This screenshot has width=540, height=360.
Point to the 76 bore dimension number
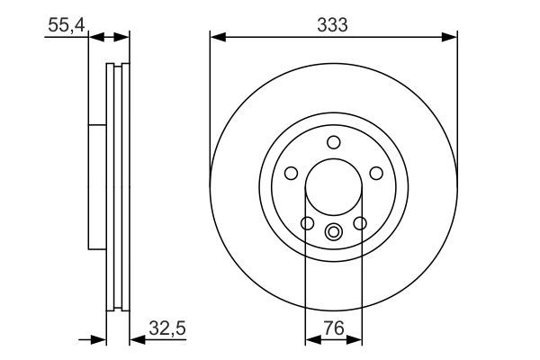pyautogui.click(x=333, y=329)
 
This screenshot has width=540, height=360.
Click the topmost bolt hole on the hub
pyautogui.click(x=334, y=141)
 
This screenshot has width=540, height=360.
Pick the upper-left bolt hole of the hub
pyautogui.click(x=292, y=173)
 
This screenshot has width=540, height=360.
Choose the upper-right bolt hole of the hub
pyautogui.click(x=376, y=173)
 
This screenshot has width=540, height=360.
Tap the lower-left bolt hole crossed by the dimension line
pyautogui.click(x=307, y=223)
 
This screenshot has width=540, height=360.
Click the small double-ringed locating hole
pyautogui.click(x=334, y=232)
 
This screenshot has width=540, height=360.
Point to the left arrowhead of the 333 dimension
pyautogui.click(x=216, y=37)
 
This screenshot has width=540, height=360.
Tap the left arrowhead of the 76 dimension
pyautogui.click(x=311, y=340)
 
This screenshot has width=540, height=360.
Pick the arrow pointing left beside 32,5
pyautogui.click(x=138, y=340)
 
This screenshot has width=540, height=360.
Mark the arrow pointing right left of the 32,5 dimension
pyautogui.click(x=100, y=340)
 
